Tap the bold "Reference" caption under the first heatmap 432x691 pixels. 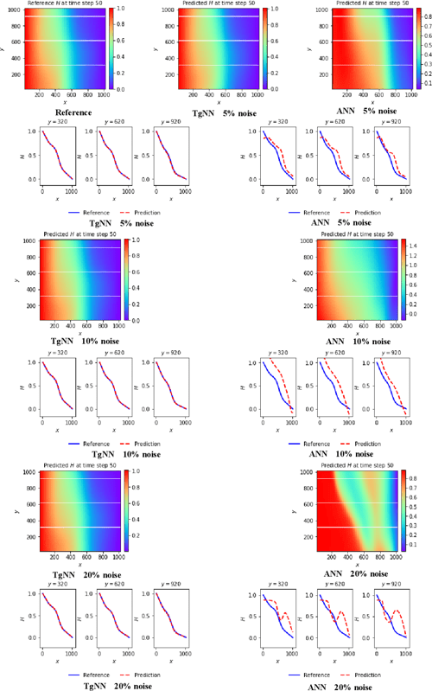[x=73, y=112]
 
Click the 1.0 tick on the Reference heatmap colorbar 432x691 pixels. [x=120, y=9]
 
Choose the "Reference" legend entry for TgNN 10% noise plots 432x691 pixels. [x=88, y=442]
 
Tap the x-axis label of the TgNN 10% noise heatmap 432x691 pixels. [x=80, y=334]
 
